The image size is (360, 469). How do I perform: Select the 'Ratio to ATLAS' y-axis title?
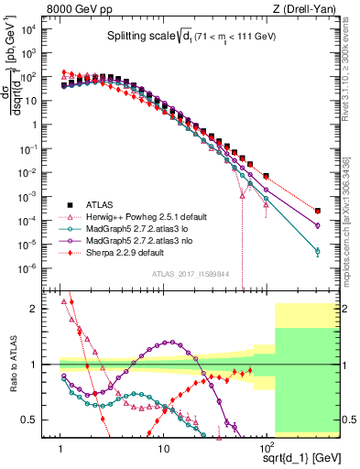(13, 365)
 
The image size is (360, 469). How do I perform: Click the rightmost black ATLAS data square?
(317, 210)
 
